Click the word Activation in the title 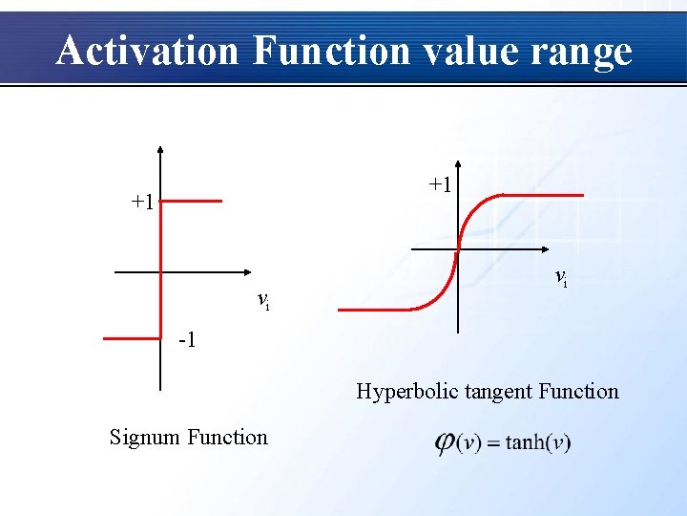147,51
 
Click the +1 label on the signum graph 143,202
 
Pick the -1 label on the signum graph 188,340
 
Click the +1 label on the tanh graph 440,183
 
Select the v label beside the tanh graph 561,277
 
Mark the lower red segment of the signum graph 132,337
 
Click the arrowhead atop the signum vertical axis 160,150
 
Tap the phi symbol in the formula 445,443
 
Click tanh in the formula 526,443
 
